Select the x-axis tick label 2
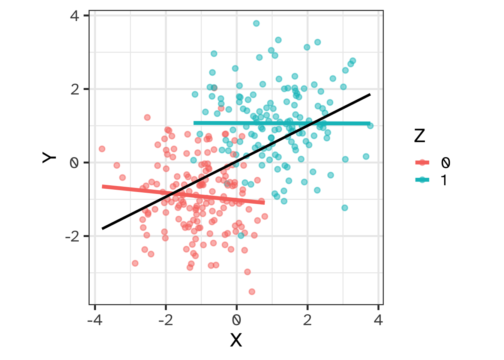[307, 321]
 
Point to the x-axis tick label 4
[378, 321]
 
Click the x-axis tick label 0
[237, 321]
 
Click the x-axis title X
[236, 340]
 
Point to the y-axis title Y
[49, 157]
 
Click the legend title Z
[419, 136]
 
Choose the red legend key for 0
[423, 162]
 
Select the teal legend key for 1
[423, 180]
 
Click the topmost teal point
[256, 23]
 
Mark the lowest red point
[252, 291]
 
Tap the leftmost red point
[102, 149]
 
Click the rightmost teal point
[370, 126]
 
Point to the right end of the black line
[370, 94]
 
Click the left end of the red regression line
[103, 186]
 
